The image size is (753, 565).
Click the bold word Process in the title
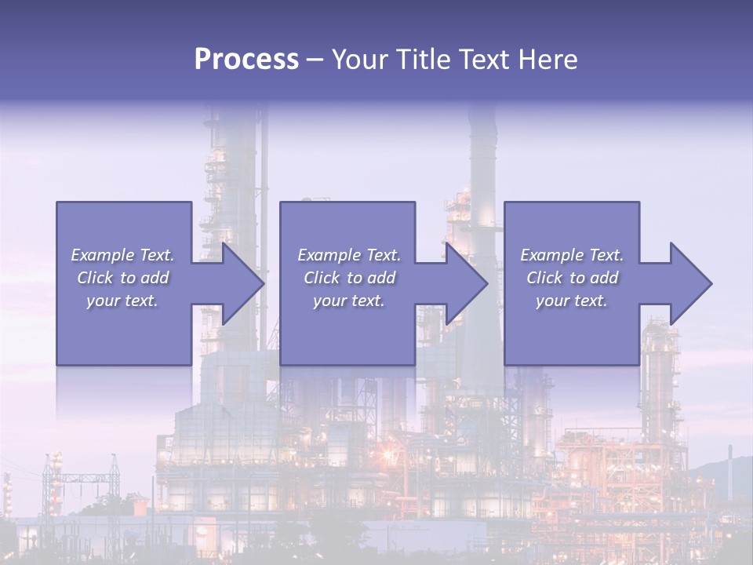246,60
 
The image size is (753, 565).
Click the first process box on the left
124,330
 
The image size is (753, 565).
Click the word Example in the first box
102,255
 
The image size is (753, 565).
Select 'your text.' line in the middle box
348,301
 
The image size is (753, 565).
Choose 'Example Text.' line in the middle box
348,255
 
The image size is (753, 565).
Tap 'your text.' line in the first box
122,301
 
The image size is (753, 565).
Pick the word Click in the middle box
322,278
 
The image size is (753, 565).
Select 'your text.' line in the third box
571,301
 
